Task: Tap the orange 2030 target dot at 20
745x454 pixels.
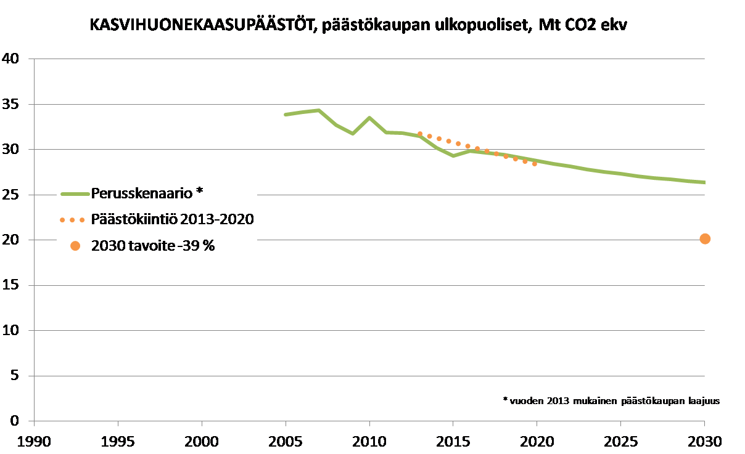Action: click(705, 239)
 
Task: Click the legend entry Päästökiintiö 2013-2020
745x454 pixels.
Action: click(172, 219)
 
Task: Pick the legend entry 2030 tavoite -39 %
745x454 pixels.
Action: click(152, 246)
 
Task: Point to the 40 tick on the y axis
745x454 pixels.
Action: click(12, 59)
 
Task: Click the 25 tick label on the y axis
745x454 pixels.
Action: click(12, 195)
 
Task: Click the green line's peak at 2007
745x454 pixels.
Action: click(319, 110)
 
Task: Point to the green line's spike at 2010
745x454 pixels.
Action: click(369, 118)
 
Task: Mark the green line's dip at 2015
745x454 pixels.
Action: click(453, 156)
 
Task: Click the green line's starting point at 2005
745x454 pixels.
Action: click(286, 115)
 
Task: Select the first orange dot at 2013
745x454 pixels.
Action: click(420, 134)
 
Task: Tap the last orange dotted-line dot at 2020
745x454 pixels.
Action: click(535, 164)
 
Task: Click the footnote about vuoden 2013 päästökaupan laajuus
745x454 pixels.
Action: click(611, 400)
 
